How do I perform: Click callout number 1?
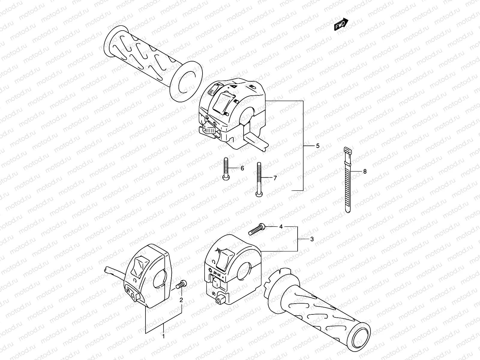[163, 336]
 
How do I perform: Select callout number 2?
[181, 300]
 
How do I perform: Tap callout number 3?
[312, 239]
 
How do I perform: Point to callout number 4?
[281, 227]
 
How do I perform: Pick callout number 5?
[318, 146]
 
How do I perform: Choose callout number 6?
[242, 168]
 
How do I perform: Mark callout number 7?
[275, 178]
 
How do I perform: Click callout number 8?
[365, 172]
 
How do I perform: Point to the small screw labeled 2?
[181, 284]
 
